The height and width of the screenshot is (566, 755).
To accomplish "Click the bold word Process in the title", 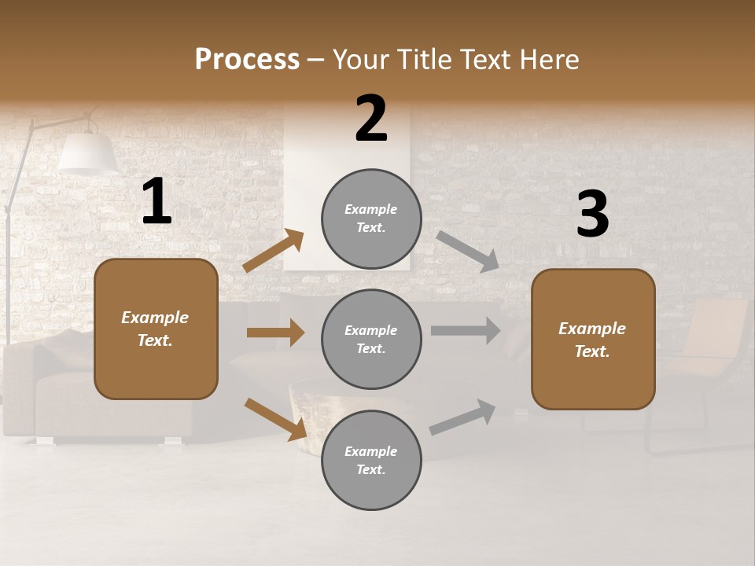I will pyautogui.click(x=247, y=60).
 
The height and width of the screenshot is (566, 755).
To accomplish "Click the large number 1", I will pyautogui.click(x=157, y=202).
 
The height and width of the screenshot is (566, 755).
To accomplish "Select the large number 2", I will pyautogui.click(x=371, y=119).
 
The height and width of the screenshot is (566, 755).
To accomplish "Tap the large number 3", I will pyautogui.click(x=592, y=215).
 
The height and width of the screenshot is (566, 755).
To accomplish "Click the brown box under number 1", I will pyautogui.click(x=156, y=329).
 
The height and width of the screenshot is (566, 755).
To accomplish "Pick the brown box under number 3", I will pyautogui.click(x=593, y=340).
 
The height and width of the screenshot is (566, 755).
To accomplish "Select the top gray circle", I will pyautogui.click(x=371, y=219).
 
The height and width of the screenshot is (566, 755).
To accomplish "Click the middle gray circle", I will pyautogui.click(x=371, y=339).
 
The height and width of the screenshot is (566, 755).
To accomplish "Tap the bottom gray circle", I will pyautogui.click(x=371, y=460).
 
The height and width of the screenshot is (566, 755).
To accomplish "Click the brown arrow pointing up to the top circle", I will pyautogui.click(x=274, y=251).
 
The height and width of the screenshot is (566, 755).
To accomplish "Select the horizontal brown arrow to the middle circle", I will pyautogui.click(x=275, y=333).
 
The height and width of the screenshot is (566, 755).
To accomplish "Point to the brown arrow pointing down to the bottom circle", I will pyautogui.click(x=275, y=418).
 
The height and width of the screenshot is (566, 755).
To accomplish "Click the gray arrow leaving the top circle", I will pyautogui.click(x=467, y=250).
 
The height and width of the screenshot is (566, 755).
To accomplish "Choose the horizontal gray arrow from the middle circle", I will pyautogui.click(x=465, y=330).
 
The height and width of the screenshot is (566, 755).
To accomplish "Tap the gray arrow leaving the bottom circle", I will pyautogui.click(x=462, y=417).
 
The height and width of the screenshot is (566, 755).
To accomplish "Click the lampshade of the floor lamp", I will pyautogui.click(x=88, y=153).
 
